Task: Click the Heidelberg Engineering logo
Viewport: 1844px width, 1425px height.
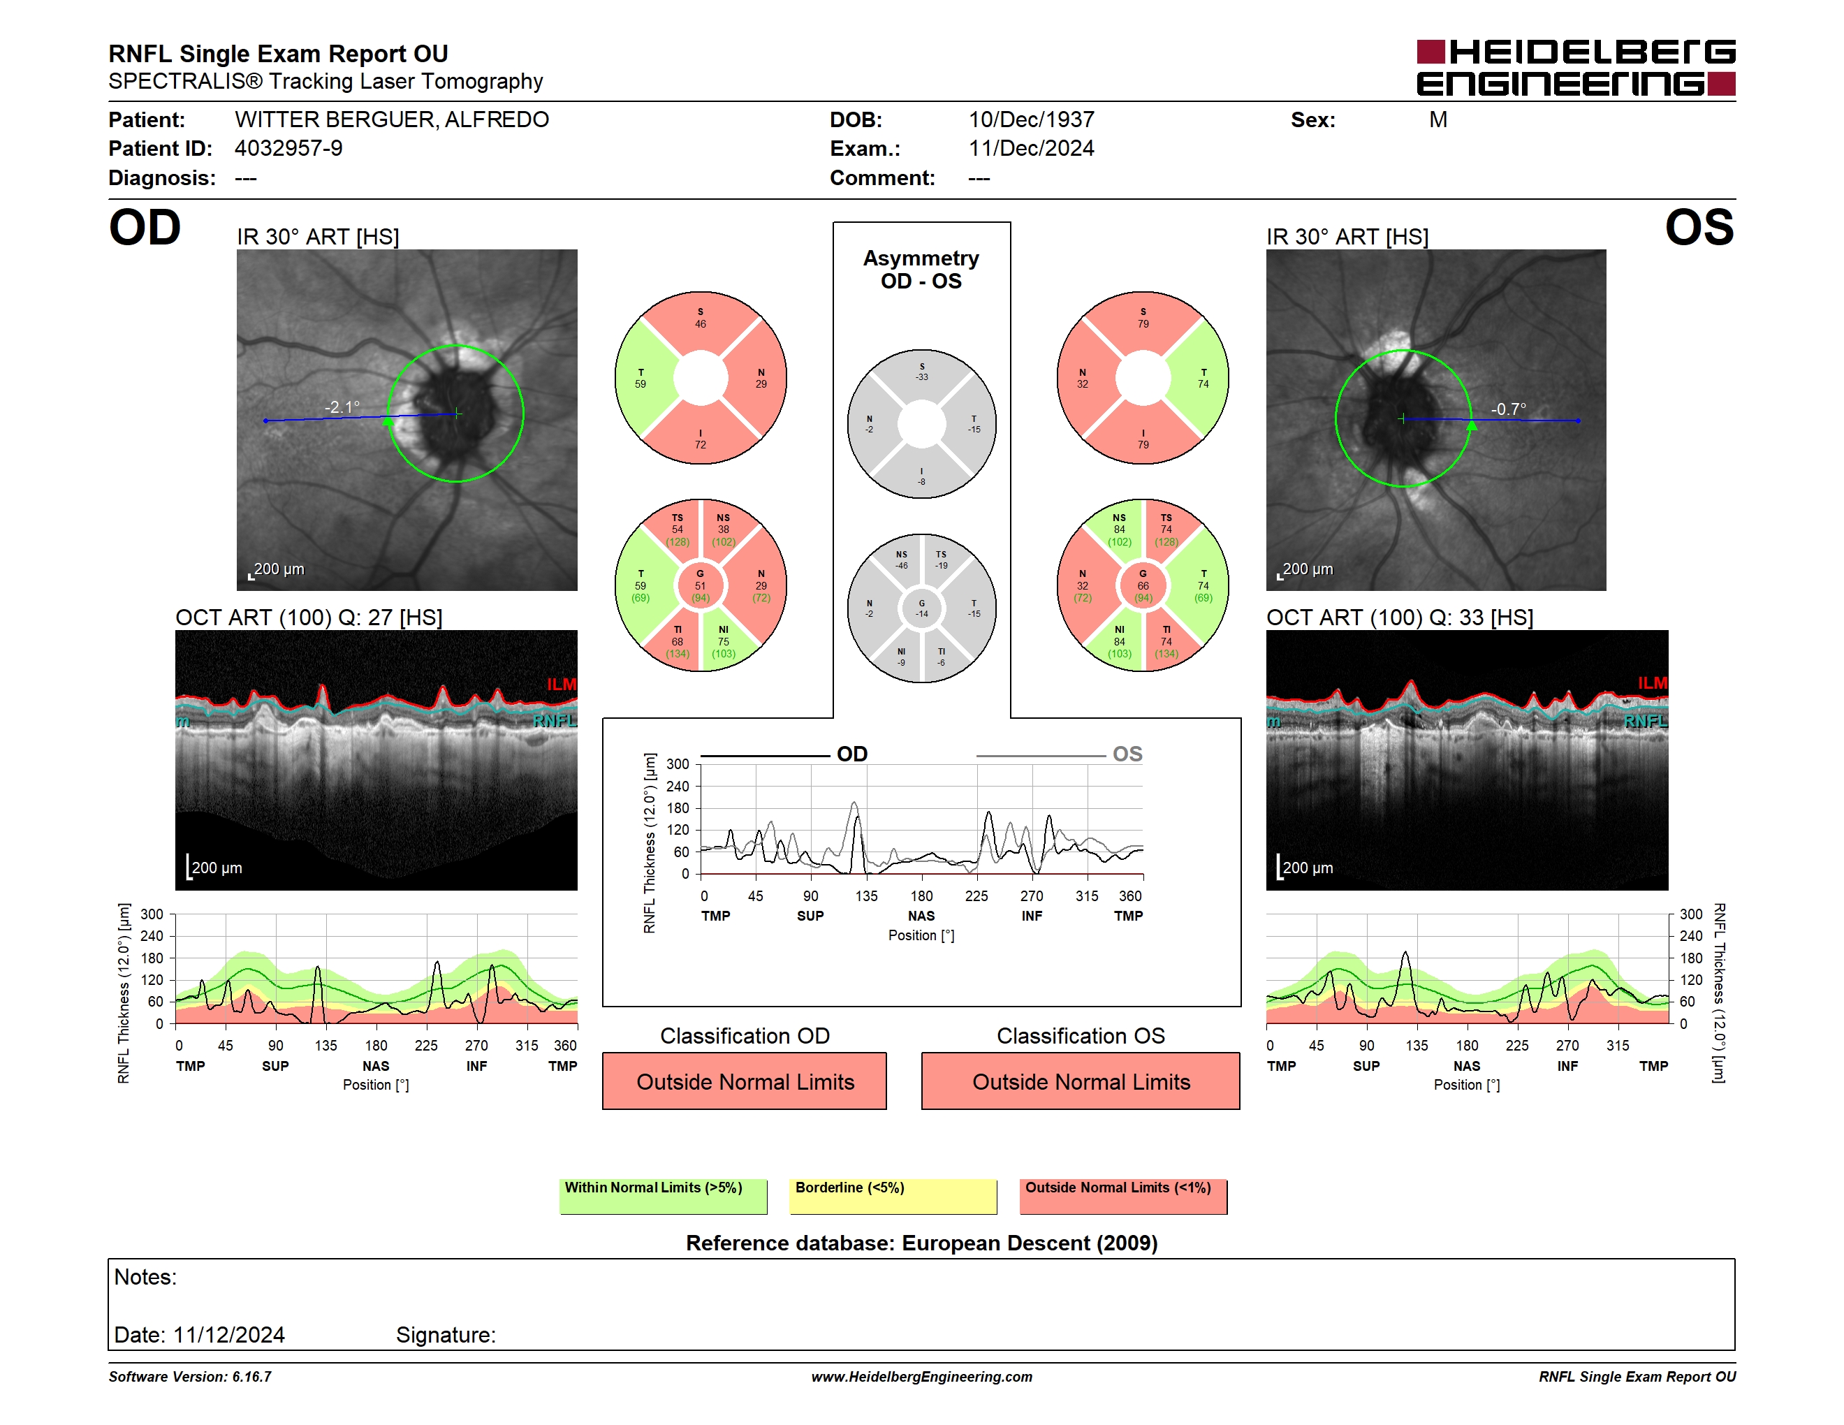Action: (x=1576, y=68)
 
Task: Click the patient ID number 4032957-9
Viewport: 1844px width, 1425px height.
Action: (x=288, y=149)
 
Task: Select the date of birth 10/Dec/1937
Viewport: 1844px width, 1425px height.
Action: (x=1031, y=120)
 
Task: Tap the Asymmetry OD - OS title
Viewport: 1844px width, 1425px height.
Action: (x=921, y=270)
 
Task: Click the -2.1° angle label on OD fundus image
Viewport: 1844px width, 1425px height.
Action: (x=342, y=407)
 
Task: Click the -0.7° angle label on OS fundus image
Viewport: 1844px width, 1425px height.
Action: (x=1508, y=409)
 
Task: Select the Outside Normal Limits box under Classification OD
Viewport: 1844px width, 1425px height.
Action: (x=745, y=1081)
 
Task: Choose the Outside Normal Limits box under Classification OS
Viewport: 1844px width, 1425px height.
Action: (x=1081, y=1081)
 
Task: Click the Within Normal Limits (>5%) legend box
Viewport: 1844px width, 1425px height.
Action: (x=663, y=1196)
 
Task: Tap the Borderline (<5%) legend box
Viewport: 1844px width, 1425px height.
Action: (x=893, y=1196)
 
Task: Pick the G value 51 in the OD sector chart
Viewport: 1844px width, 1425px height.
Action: (x=700, y=586)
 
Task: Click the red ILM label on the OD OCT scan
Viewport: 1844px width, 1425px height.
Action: (x=562, y=684)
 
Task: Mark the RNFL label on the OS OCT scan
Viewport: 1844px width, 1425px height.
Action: (x=1646, y=721)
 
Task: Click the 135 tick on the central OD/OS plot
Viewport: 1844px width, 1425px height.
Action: (x=866, y=896)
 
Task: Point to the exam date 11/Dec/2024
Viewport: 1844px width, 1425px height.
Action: (x=1031, y=149)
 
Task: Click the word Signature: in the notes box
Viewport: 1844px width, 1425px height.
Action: (x=446, y=1335)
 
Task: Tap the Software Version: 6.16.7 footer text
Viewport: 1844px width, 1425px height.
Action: (x=190, y=1377)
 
